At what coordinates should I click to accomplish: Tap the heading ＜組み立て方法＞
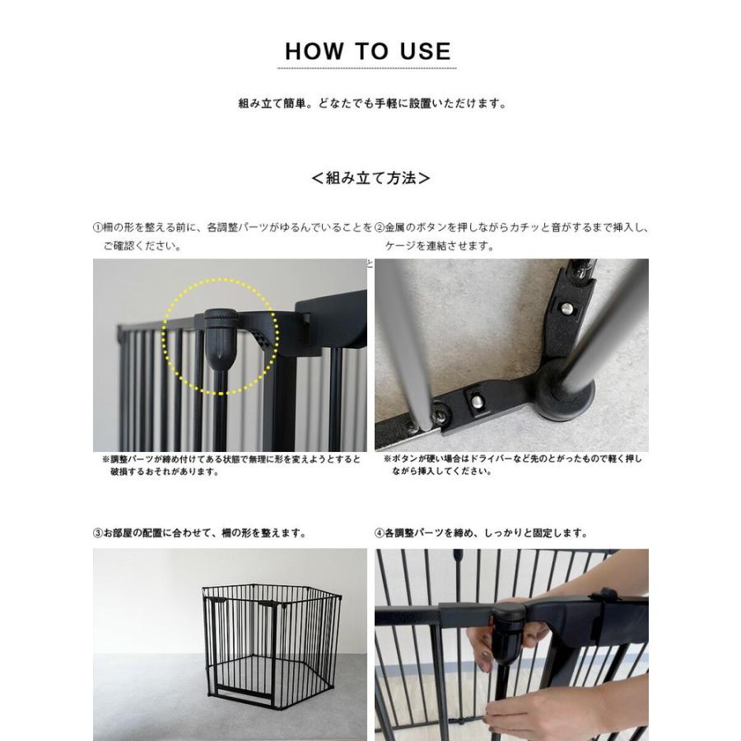(370, 178)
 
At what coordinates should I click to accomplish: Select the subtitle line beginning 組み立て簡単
(372, 104)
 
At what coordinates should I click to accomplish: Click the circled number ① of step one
(98, 228)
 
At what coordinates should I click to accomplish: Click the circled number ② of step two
(380, 228)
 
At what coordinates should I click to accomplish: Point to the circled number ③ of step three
(98, 533)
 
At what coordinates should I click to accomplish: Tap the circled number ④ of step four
(380, 533)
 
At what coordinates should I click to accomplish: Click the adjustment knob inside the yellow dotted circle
(220, 338)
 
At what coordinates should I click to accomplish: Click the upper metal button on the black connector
(567, 309)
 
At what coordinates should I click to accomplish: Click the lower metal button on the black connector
(477, 402)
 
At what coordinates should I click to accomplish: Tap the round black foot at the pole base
(566, 392)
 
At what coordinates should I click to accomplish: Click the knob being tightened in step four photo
(507, 631)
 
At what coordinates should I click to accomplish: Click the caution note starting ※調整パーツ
(231, 465)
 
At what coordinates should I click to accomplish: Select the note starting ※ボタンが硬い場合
(513, 465)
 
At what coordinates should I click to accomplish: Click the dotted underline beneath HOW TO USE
(366, 68)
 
